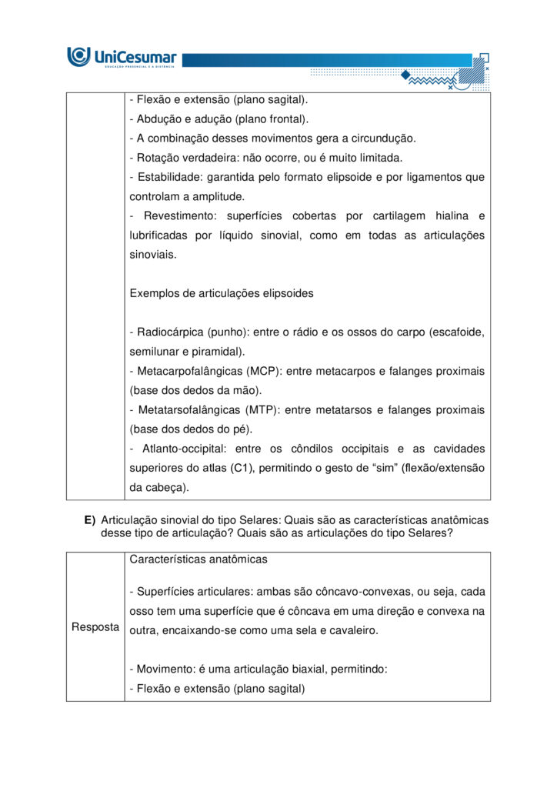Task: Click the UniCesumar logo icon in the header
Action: (78, 56)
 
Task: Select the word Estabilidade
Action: (168, 177)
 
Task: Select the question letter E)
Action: (90, 520)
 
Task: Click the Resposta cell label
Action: (95, 627)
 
